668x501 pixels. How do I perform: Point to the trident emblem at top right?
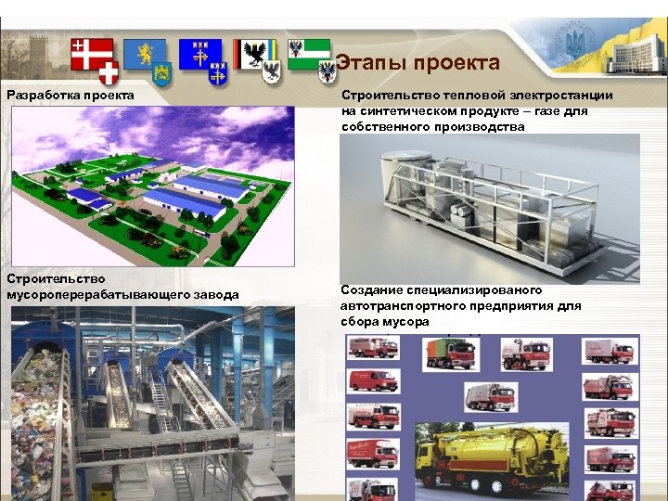tap(569, 40)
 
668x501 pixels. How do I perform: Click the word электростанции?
tap(563, 96)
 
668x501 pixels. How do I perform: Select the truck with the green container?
tap(451, 353)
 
